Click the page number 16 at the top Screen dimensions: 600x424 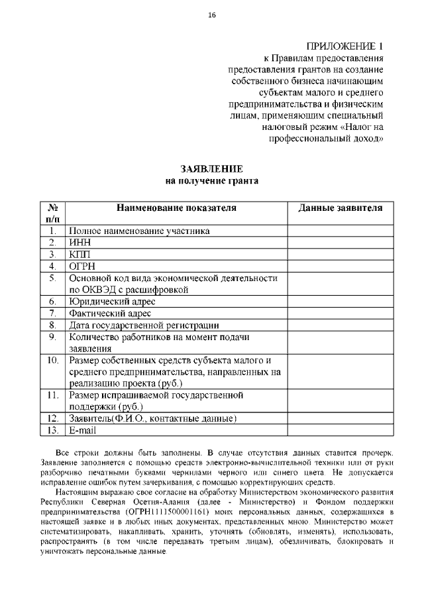tap(211, 15)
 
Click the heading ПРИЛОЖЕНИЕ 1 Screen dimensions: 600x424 tap(345, 46)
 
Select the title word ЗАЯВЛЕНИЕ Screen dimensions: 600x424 tap(211, 169)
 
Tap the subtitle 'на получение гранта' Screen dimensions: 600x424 tap(211, 180)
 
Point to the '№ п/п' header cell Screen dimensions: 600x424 tap(52, 213)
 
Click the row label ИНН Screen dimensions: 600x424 tap(79, 243)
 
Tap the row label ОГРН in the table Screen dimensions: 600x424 tap(82, 267)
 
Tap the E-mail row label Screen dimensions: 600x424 tap(83, 430)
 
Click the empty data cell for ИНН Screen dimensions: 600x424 tap(341, 243)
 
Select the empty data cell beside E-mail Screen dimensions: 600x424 tap(341, 430)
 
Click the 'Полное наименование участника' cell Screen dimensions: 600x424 tap(139, 231)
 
